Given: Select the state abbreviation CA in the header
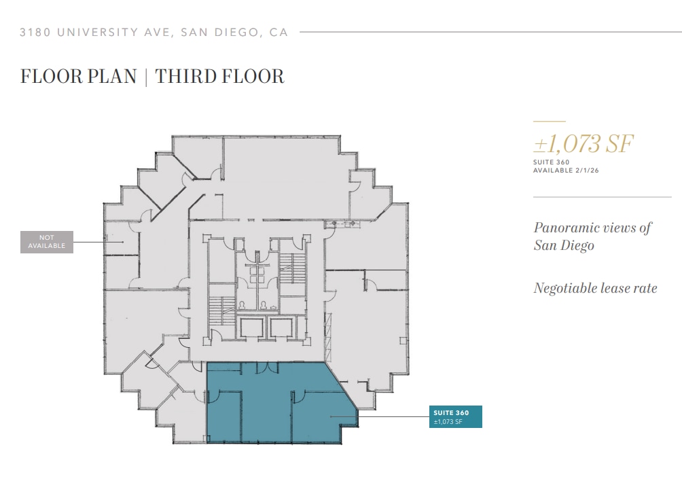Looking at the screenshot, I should pos(279,32).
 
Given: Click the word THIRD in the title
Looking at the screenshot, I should pos(183,76).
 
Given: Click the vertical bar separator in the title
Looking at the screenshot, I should pos(146,76).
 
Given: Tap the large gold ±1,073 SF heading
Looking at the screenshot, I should pos(584,144).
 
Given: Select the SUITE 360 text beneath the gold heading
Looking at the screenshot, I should pos(552,162).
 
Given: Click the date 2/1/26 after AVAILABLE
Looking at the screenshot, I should pos(586,171).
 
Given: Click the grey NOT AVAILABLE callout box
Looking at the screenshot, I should pos(47,242).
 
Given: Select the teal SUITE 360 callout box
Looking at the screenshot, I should pos(456,416).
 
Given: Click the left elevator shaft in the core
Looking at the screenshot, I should pos(251,328).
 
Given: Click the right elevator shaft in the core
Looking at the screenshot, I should pos(281,328).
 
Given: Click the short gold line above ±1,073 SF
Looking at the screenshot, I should pos(549,122).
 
